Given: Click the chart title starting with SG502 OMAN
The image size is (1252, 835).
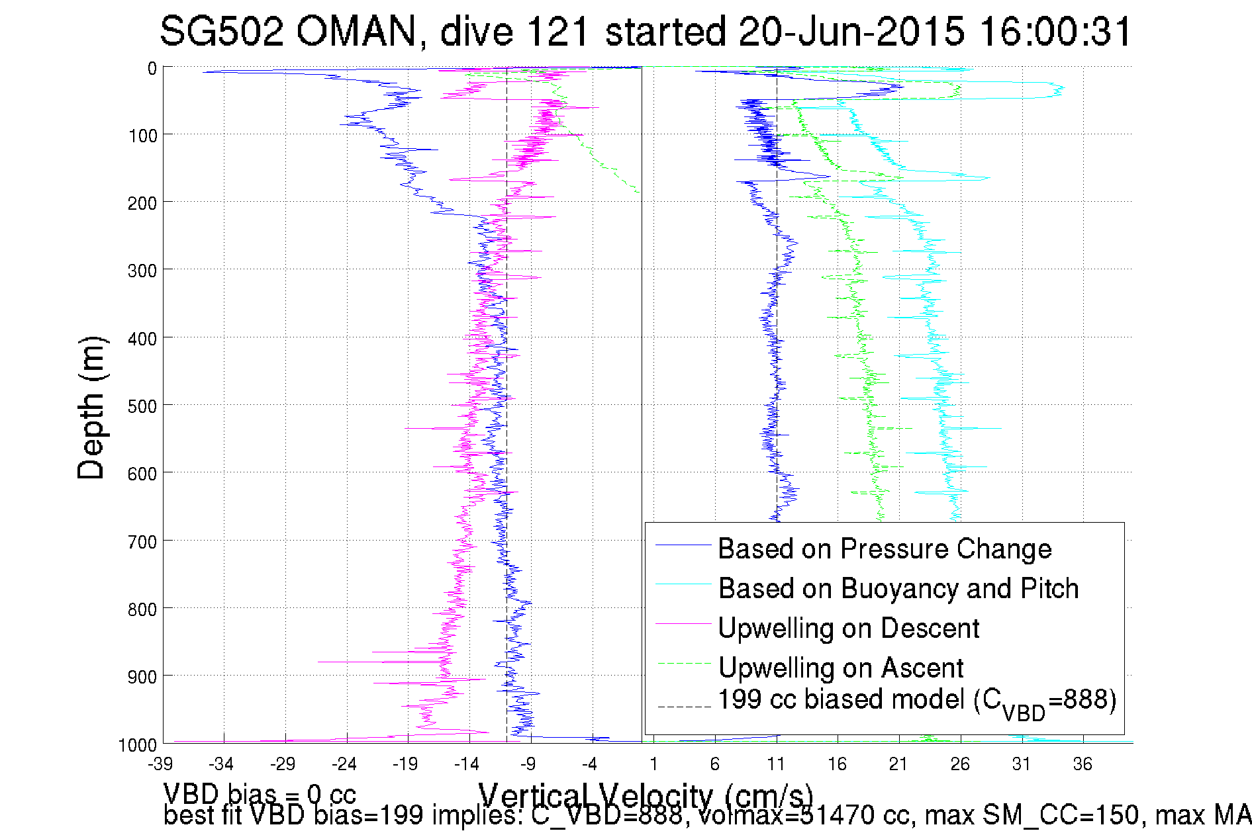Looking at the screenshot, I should pyautogui.click(x=646, y=31).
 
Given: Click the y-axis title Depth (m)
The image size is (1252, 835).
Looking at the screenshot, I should pyautogui.click(x=91, y=408).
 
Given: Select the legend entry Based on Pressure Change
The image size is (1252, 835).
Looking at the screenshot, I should pyautogui.click(x=885, y=549).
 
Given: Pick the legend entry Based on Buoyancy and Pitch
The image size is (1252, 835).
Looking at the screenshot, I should pyautogui.click(x=898, y=588).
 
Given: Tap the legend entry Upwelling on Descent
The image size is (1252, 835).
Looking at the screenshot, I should pyautogui.click(x=848, y=628).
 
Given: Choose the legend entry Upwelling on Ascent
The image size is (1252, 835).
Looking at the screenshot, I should pyautogui.click(x=840, y=668).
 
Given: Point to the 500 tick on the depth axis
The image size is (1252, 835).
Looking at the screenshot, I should pyautogui.click(x=142, y=406).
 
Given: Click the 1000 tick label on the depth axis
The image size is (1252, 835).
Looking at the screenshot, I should pyautogui.click(x=138, y=745).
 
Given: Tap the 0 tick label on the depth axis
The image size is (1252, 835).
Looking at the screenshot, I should pyautogui.click(x=152, y=68).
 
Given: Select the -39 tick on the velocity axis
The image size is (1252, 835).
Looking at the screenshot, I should pyautogui.click(x=161, y=764).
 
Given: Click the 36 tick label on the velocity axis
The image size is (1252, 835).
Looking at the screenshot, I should pyautogui.click(x=1083, y=764).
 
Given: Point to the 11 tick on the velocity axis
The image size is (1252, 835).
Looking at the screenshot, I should pyautogui.click(x=775, y=764).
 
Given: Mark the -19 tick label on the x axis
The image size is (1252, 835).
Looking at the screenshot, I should pyautogui.click(x=405, y=764).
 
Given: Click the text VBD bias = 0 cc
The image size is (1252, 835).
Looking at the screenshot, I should pyautogui.click(x=260, y=793).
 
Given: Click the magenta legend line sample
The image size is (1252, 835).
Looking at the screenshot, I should pyautogui.click(x=683, y=624).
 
